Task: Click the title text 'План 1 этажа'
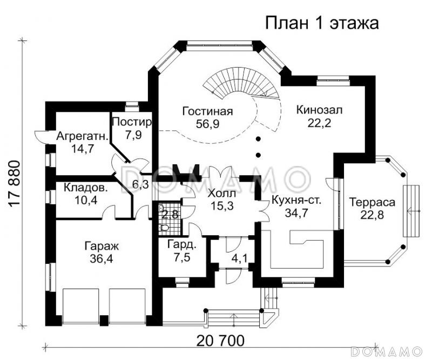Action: coord(321,24)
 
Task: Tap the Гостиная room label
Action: coord(207,112)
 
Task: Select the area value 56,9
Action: coord(207,124)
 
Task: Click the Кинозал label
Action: coord(320,110)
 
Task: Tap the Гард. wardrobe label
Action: coord(178,245)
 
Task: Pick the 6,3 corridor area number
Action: coord(140,185)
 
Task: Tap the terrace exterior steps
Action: coord(413,210)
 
